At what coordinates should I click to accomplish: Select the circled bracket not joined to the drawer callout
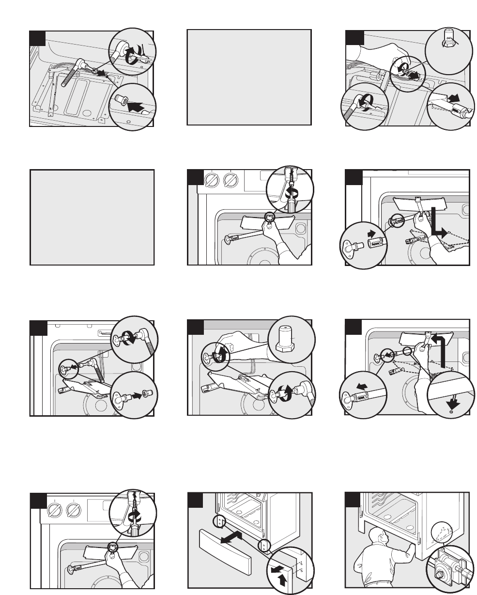(219, 522)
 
